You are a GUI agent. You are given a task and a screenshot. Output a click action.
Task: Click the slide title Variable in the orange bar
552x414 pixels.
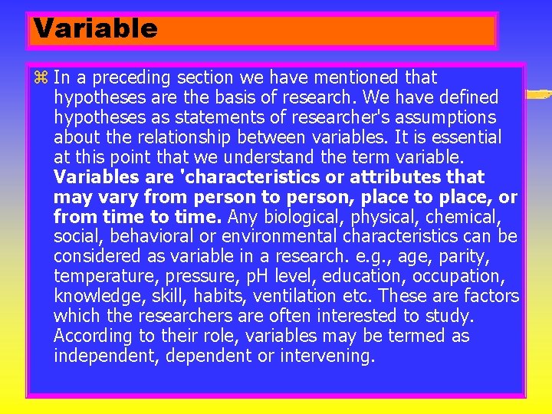pos(96,29)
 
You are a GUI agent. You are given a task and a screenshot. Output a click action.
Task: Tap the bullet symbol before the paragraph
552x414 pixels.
pos(41,77)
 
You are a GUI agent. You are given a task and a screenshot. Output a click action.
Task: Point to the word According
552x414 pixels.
pos(90,337)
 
